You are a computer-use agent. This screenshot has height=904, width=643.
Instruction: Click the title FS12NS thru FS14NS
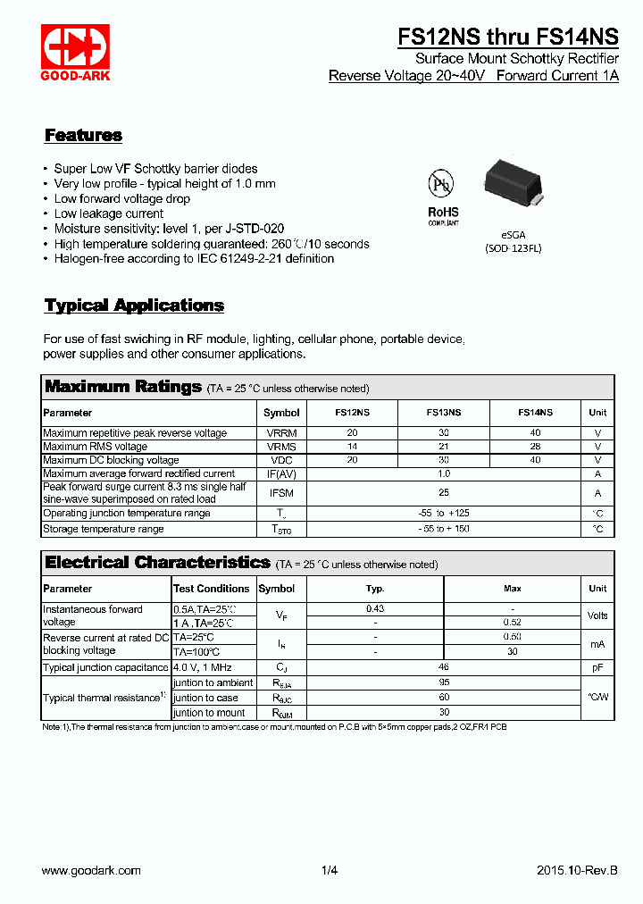[507, 37]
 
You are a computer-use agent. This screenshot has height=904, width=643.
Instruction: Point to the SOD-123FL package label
[513, 247]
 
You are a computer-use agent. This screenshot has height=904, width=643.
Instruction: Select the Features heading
[83, 136]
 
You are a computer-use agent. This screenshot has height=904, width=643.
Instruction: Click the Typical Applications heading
[134, 306]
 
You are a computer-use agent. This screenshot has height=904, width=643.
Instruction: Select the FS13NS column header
[444, 413]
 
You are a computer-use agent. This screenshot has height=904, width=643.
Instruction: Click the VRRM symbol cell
[281, 433]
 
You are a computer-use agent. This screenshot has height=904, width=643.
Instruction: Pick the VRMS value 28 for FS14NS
[535, 447]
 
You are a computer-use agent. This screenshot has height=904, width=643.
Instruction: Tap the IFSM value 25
[444, 493]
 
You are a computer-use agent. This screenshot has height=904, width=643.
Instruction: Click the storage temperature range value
[444, 529]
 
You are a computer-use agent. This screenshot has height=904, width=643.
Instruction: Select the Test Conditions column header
[212, 589]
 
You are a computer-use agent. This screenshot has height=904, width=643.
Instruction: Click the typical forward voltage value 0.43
[375, 609]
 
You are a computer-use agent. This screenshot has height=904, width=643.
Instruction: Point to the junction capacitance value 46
[444, 667]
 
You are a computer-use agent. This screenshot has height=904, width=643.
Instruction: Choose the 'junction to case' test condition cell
[206, 698]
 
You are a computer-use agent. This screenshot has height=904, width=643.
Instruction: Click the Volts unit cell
[597, 615]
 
